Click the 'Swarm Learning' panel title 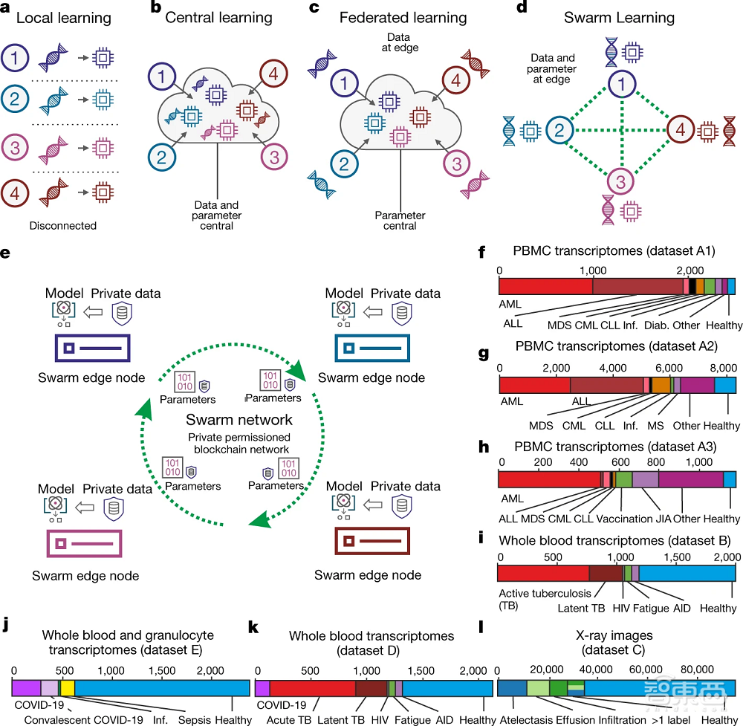619,17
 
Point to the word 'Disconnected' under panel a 62,226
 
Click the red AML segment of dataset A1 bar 545,286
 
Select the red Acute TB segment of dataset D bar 312,687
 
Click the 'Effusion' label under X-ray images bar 575,719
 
